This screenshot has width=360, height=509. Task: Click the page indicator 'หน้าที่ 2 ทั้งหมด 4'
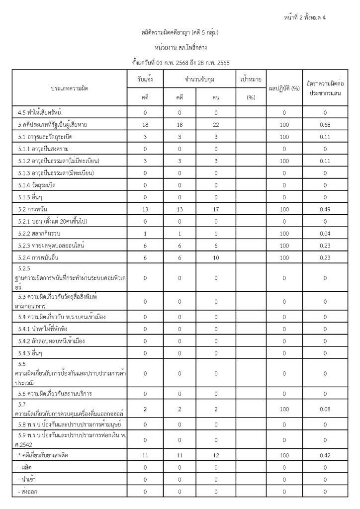tap(305, 18)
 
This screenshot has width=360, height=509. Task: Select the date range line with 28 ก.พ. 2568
tap(180, 63)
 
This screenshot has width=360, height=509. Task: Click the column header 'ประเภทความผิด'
tap(70, 88)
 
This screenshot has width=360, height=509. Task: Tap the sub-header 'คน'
tap(216, 98)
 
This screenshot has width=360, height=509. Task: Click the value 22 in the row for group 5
tap(216, 124)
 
